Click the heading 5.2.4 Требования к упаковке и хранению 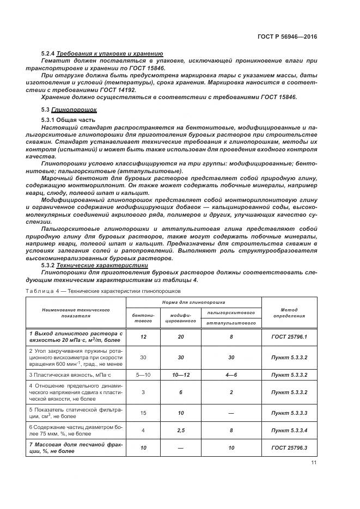tap(102, 53)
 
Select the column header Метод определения tap(289, 312)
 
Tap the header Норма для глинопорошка tap(193, 302)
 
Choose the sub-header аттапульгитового tap(231, 323)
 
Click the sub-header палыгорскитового tap(231, 312)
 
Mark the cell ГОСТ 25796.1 tap(289, 337)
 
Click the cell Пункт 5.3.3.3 tap(289, 413)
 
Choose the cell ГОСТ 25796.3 tap(289, 447)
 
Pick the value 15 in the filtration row tap(143, 413)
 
